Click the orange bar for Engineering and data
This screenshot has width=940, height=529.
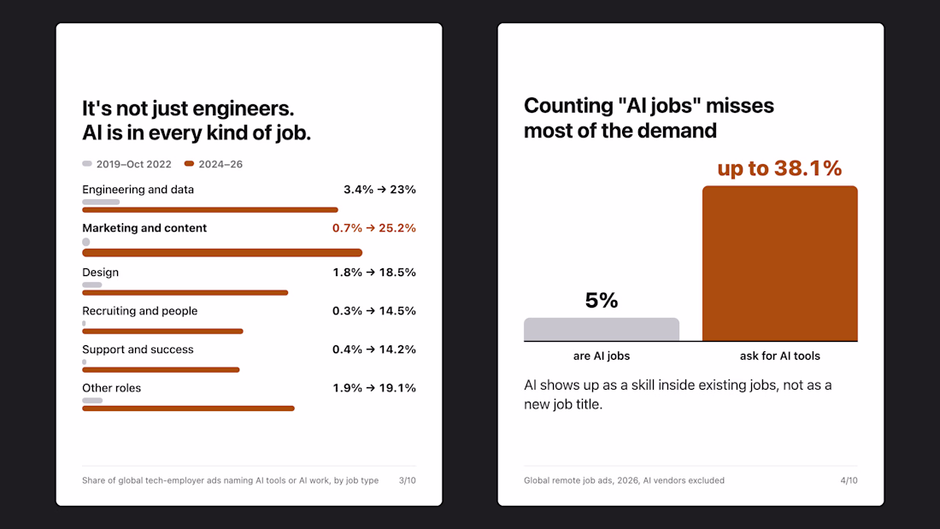click(210, 210)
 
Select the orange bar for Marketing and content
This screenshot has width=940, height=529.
click(222, 252)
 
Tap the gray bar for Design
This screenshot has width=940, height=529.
click(91, 285)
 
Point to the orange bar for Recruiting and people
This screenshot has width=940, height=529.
click(162, 331)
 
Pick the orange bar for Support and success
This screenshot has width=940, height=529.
click(161, 369)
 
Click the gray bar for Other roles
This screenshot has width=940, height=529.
click(92, 400)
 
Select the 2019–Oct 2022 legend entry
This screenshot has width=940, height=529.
click(126, 164)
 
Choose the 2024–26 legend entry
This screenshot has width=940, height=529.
click(214, 164)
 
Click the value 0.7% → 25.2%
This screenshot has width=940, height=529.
click(374, 228)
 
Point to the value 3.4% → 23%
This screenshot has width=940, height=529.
click(379, 190)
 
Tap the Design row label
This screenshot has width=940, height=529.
click(100, 273)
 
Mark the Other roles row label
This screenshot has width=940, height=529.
click(111, 388)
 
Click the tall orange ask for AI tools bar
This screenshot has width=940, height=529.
click(780, 263)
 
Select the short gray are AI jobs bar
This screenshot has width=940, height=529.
click(602, 329)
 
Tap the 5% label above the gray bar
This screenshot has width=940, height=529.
click(602, 301)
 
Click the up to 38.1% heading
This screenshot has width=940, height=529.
click(779, 168)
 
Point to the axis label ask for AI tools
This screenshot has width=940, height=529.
click(780, 356)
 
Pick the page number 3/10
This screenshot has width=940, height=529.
click(407, 480)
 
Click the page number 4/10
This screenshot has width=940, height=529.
click(849, 480)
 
